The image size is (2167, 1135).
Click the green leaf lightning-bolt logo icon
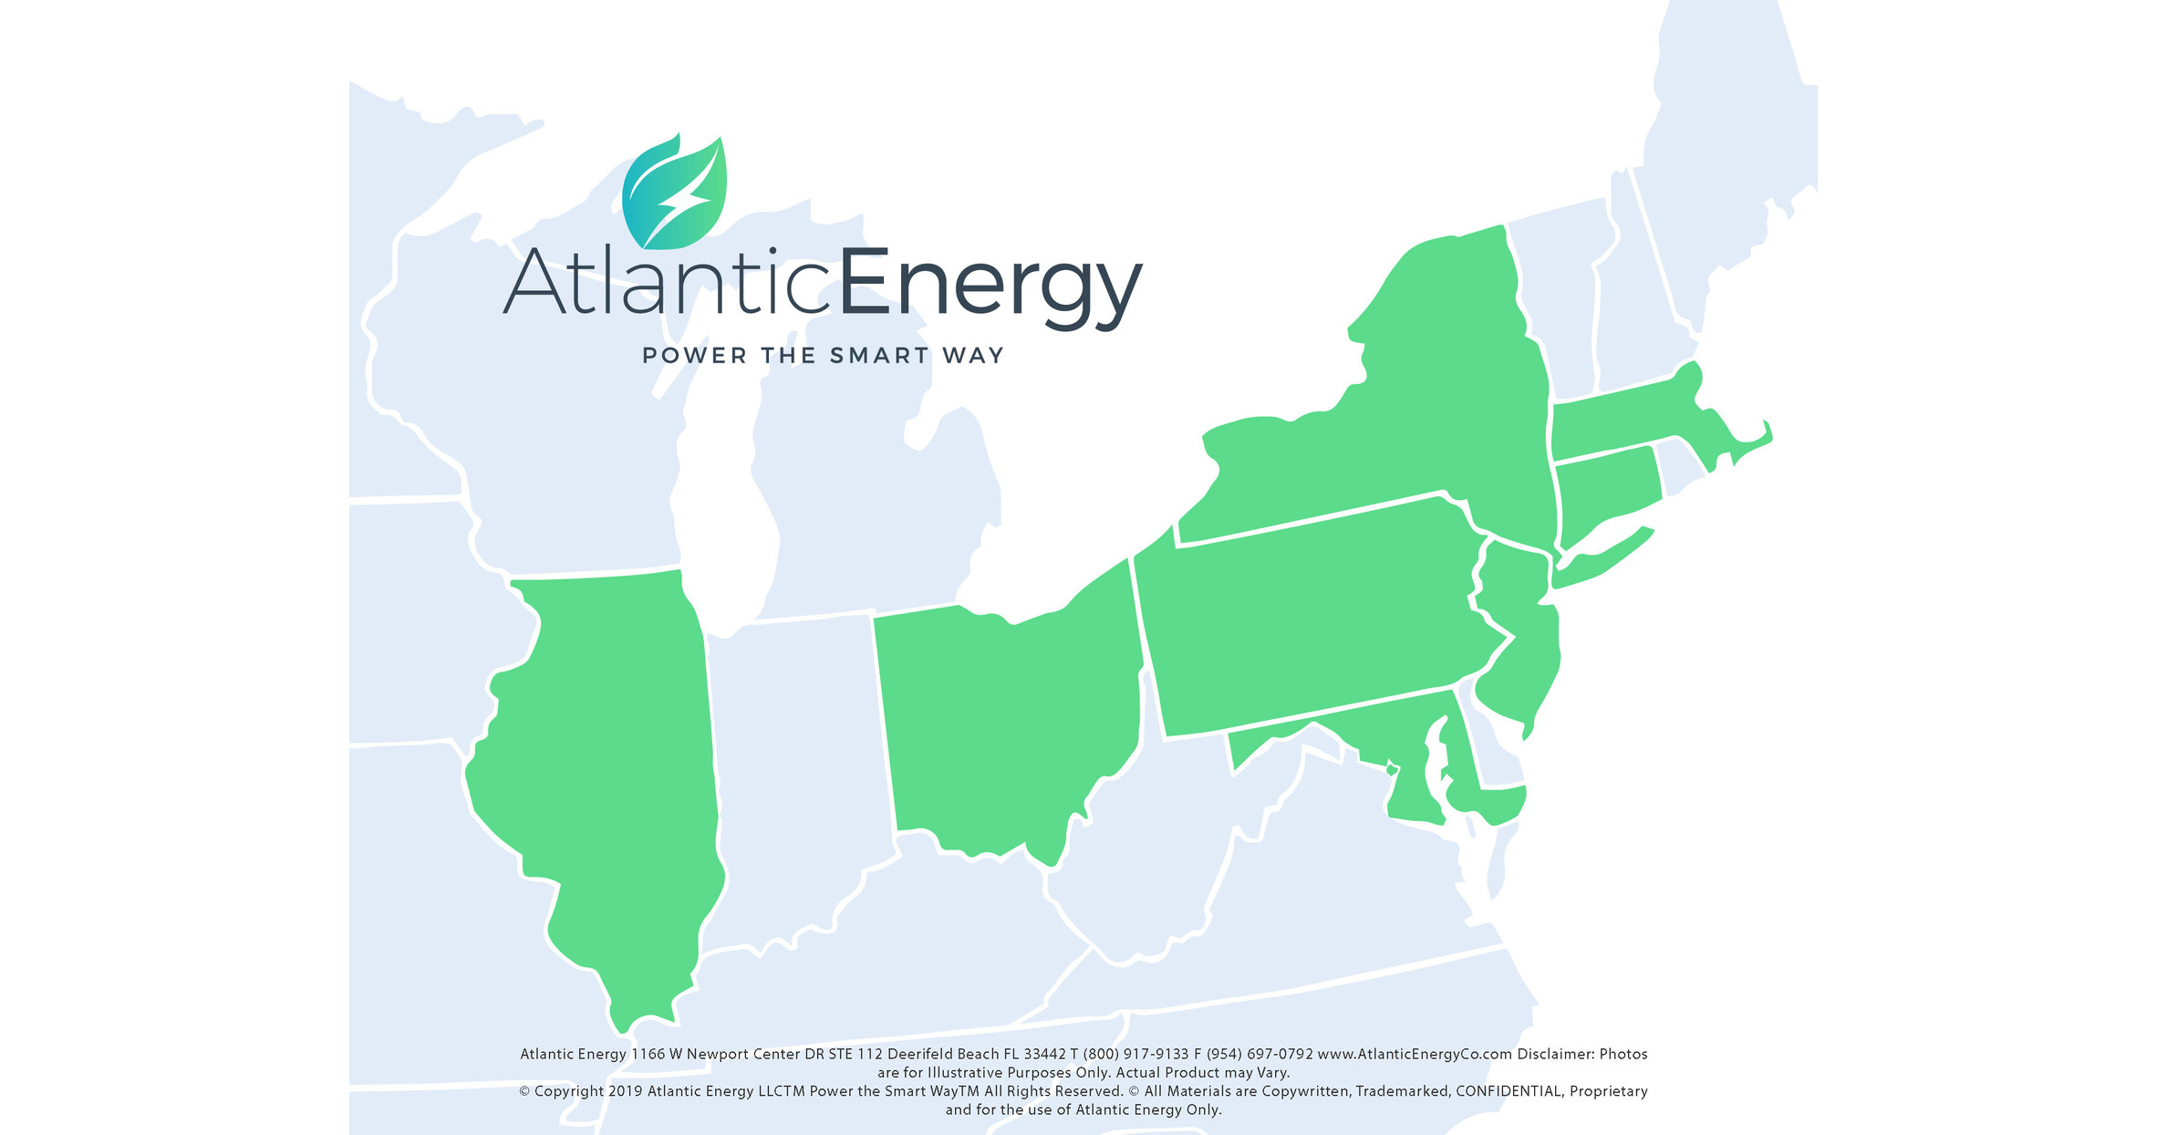674,193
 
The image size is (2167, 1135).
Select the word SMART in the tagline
879,356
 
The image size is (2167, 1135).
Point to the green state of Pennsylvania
1313,620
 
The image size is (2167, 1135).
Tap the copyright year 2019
625,1091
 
